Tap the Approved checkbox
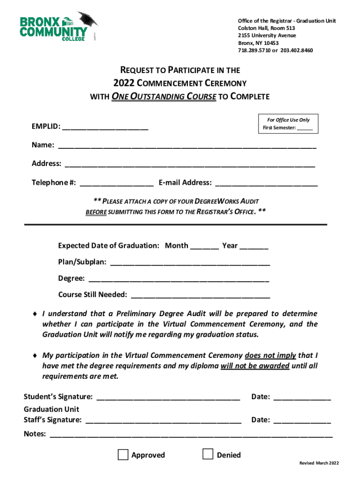123,455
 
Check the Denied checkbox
208,454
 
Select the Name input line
187,146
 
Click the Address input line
190,164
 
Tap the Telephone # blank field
116,183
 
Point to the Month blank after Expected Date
204,247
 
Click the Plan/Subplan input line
190,263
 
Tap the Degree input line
179,279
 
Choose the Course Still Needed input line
201,296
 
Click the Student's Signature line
168,398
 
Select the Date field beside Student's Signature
302,398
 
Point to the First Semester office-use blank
304,128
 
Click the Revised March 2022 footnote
319,463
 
